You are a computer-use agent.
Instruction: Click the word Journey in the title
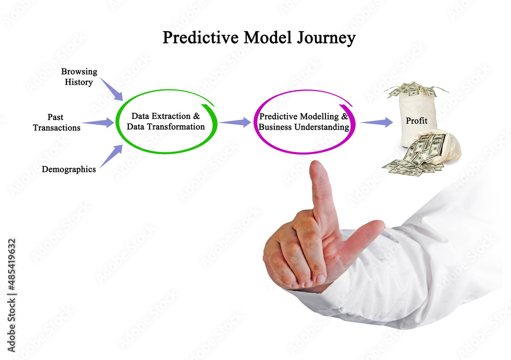[x=326, y=38]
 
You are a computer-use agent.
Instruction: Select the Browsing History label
[x=79, y=77]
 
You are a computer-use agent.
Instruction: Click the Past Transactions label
[x=56, y=122]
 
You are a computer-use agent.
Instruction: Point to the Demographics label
[x=69, y=170]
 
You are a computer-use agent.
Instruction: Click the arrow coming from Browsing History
[x=111, y=89]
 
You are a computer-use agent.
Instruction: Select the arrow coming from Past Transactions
[x=98, y=123]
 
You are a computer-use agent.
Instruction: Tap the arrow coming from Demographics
[x=111, y=156]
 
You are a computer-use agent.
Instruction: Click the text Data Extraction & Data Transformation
[x=166, y=121]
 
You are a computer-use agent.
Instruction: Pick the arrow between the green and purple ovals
[x=235, y=122]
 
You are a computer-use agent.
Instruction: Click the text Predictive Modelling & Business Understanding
[x=304, y=122]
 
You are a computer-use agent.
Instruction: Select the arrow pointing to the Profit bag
[x=377, y=122]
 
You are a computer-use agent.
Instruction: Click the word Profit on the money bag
[x=416, y=121]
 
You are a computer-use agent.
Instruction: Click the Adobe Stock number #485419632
[x=11, y=265]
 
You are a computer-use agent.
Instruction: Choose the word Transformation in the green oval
[x=176, y=127]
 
